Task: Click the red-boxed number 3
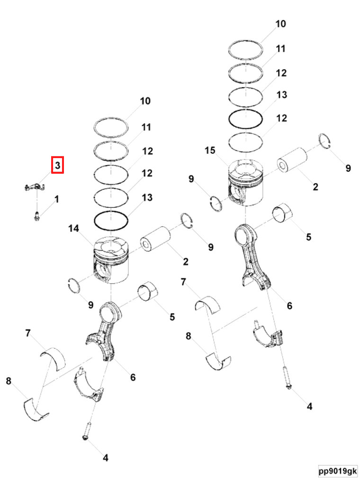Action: (x=57, y=165)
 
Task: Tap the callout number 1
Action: (x=57, y=199)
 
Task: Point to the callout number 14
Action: (x=73, y=229)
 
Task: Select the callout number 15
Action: (x=210, y=151)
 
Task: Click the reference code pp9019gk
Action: (x=338, y=471)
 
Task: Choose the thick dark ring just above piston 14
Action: (x=111, y=219)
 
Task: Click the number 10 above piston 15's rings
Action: (x=280, y=24)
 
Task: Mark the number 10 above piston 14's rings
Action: (x=145, y=101)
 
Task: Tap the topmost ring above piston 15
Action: (x=245, y=48)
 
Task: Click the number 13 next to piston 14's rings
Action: (x=147, y=197)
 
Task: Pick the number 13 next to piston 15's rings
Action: (x=281, y=95)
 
